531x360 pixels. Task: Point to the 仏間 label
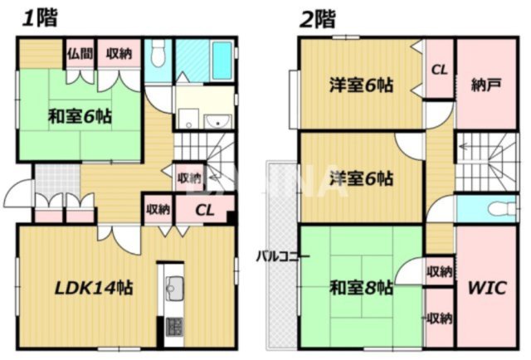(x=80, y=54)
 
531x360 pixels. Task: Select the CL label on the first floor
(x=205, y=209)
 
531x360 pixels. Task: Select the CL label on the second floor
(x=439, y=70)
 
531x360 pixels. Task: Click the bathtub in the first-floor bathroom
(x=220, y=59)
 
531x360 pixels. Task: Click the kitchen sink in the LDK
(x=174, y=288)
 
